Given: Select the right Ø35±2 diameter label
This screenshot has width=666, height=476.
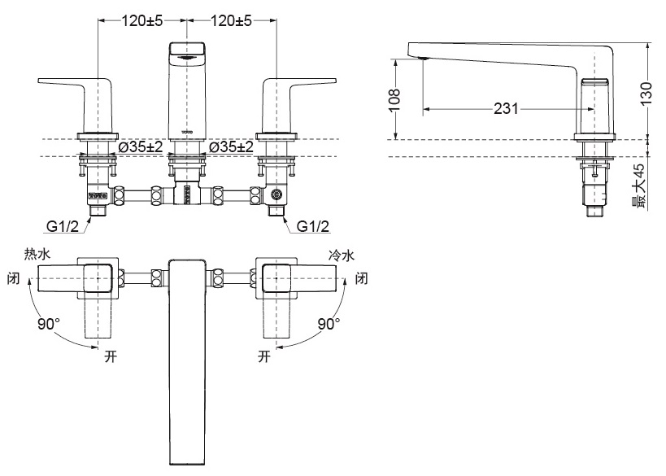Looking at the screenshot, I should point(231,146).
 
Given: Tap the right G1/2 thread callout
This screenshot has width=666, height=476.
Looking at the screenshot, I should point(313,225).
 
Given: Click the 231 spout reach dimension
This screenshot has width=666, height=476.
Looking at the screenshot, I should point(506,109).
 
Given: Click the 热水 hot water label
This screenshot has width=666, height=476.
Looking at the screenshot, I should point(37,255).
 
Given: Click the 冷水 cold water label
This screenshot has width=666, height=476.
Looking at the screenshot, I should point(342,255).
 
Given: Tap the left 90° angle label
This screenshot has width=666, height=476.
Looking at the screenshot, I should point(48,324).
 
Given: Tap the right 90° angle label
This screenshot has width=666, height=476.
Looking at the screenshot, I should point(329,324).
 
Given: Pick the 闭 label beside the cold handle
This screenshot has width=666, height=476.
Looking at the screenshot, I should point(362,280).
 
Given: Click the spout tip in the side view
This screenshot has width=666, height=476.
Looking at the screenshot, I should point(422,58).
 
